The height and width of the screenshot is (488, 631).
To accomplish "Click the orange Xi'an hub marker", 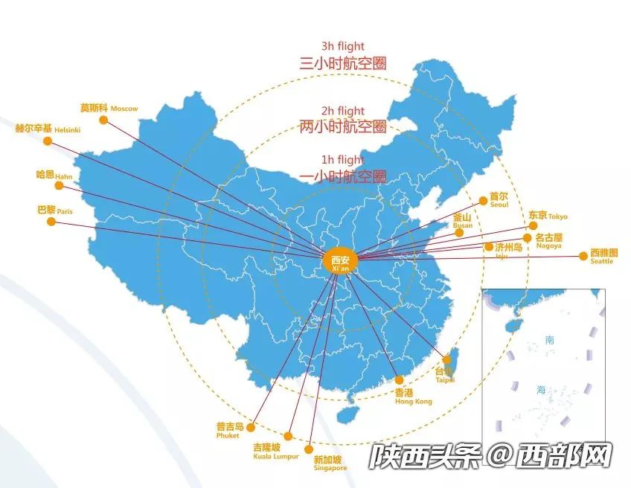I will [340, 260].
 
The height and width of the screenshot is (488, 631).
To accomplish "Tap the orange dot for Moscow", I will [103, 119].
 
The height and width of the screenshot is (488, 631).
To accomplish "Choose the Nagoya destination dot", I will [528, 238].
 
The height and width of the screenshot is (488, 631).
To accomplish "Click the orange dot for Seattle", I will [583, 257].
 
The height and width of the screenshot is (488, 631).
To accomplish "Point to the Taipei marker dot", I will [446, 360].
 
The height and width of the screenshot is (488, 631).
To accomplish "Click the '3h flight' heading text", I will [342, 48].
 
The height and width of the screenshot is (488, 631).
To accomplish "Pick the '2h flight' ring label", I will [342, 112].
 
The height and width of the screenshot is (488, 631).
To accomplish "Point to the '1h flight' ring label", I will [342, 160].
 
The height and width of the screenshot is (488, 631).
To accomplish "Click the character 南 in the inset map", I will [549, 340].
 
